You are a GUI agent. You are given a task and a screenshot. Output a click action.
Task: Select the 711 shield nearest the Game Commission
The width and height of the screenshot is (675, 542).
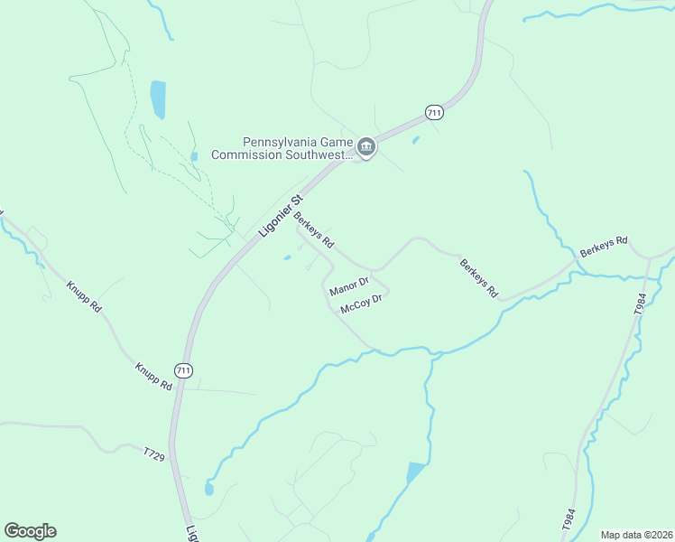(434, 112)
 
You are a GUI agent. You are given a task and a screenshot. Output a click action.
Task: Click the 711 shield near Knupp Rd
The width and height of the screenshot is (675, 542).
(183, 370)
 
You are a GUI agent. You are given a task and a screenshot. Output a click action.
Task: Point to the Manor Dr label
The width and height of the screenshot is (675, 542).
(349, 287)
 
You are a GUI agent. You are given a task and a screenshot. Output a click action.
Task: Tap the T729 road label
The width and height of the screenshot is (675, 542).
(153, 453)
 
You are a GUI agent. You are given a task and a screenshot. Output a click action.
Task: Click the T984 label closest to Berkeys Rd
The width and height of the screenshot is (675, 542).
(640, 303)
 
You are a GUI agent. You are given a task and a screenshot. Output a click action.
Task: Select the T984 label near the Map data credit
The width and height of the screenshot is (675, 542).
(568, 520)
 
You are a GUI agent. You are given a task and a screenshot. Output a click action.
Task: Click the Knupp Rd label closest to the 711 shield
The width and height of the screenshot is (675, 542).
(153, 376)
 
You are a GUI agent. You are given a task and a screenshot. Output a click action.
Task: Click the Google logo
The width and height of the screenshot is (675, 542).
(30, 531)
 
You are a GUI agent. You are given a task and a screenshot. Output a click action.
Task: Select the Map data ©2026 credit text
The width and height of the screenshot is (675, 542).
(635, 535)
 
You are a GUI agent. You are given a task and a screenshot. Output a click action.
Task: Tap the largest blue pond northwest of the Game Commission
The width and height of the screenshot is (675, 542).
(159, 99)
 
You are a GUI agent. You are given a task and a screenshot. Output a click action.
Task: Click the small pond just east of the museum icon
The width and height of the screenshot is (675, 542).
(414, 140)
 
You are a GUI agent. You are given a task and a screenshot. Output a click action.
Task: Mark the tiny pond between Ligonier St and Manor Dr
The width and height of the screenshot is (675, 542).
(287, 258)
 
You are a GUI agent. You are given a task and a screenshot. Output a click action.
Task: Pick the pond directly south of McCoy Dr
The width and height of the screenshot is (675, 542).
(415, 472)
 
